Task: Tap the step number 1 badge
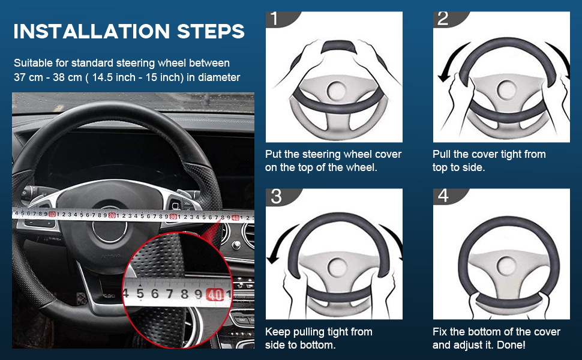[277, 19]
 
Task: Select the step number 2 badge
[443, 19]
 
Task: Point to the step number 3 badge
[277, 196]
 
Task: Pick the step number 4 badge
[443, 196]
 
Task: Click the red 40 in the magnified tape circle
[214, 294]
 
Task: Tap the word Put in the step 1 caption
[274, 154]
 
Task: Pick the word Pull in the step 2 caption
[442, 154]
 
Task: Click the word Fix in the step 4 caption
[440, 332]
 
